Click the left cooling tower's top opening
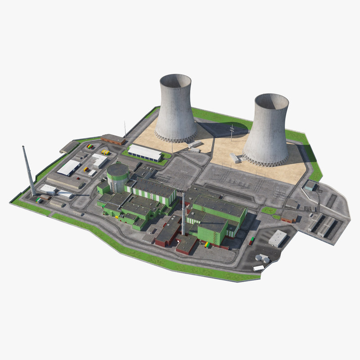point(175,81)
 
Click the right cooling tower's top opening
point(271,101)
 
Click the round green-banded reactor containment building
point(117,176)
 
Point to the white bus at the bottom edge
point(259,268)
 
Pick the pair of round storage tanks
point(262,258)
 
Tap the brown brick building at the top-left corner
point(113,139)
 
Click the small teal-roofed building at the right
point(310,185)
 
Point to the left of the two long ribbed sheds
point(315,222)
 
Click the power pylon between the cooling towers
point(232,133)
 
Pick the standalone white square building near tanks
point(278,238)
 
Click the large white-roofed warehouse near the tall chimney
point(69,167)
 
